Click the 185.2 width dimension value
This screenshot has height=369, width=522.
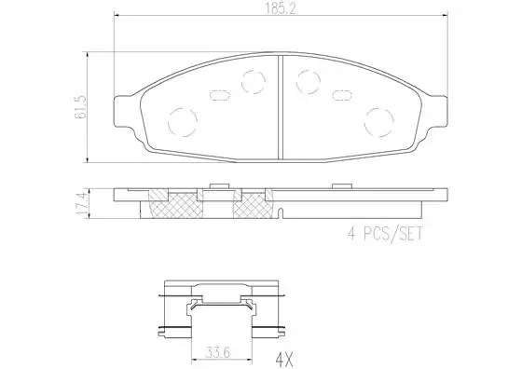pos(281,9)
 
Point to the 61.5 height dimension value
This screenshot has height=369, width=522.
pos(81,107)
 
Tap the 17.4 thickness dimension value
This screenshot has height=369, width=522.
pos(82,203)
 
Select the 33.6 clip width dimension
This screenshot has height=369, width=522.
pos(217,352)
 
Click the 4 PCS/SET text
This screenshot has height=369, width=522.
pos(385,234)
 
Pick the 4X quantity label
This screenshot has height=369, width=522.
pos(284,359)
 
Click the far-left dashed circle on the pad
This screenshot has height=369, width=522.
pos(183,122)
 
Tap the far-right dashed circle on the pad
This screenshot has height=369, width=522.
pos(378,122)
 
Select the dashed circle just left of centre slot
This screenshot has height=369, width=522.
pos(254,82)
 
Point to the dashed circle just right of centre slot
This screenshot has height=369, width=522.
pos(309,82)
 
